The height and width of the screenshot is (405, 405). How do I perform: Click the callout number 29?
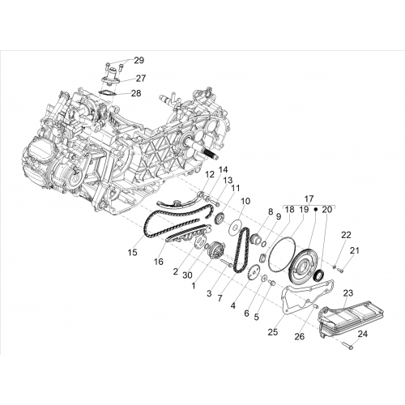(139, 61)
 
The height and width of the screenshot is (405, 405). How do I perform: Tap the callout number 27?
(141, 79)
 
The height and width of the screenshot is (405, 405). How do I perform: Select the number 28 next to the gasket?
(136, 93)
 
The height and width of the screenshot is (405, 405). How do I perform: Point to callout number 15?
(133, 253)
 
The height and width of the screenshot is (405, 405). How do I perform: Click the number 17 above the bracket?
(309, 199)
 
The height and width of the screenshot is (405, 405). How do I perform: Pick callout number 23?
(348, 293)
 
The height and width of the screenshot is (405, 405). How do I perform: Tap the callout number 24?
(363, 334)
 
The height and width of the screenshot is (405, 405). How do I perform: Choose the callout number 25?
(273, 332)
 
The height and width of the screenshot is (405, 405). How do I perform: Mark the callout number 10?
(245, 201)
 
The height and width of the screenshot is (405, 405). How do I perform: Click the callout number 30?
(187, 275)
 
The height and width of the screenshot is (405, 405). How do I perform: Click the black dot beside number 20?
(315, 209)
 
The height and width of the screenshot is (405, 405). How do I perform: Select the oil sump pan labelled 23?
(351, 320)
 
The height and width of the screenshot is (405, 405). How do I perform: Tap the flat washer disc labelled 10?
(234, 227)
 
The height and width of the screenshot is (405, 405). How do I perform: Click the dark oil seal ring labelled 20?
(320, 275)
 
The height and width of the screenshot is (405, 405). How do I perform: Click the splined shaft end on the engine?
(211, 153)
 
